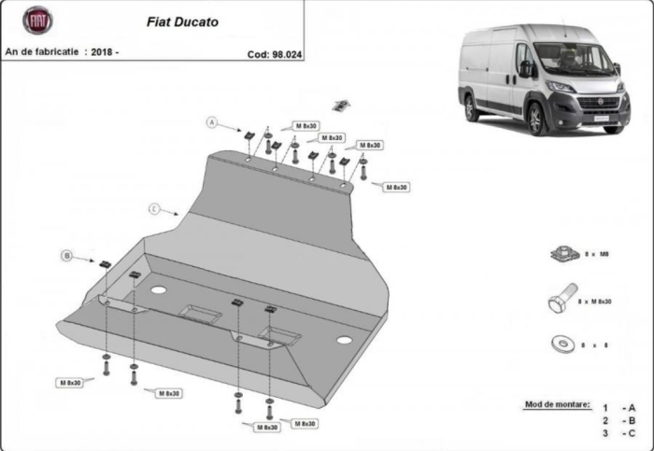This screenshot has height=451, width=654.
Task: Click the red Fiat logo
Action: pos(38,21)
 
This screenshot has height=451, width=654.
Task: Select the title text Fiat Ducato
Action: pos(183,21)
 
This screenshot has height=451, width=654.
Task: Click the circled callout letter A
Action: pos(212,122)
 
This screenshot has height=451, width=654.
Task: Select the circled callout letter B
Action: pos(66,255)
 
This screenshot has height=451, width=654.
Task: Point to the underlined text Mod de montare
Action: pos(557,404)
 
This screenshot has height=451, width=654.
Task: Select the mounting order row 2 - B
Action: pos(618,420)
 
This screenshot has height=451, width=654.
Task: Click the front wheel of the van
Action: pos(536,120)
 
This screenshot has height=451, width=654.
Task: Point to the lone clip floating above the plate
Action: pos(343,103)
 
